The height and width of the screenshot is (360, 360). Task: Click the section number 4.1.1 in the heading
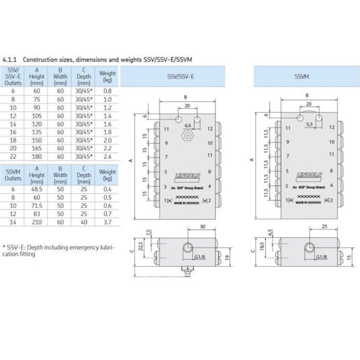(11, 59)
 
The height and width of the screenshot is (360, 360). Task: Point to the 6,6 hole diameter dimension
(189, 126)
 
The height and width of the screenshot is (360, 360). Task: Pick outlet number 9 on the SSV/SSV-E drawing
(166, 143)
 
